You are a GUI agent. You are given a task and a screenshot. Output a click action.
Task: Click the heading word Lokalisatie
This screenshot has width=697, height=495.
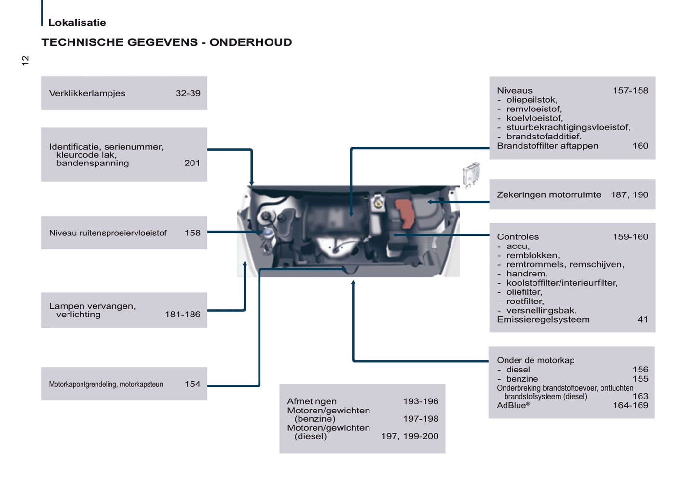pos(77,22)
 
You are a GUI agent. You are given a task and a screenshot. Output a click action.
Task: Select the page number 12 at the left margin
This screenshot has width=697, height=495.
pos(26,60)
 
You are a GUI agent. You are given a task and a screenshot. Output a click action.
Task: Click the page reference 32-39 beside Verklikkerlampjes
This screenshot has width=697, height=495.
pos(188,93)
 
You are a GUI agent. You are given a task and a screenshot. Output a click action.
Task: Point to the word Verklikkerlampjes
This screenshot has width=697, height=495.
pos(87,93)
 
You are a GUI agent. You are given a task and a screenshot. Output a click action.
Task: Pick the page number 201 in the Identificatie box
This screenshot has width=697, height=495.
pos(192,163)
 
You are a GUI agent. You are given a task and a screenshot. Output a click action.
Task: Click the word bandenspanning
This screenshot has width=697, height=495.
pos(93,163)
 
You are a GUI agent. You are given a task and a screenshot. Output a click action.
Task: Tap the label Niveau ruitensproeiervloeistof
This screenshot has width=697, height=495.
pos(108,233)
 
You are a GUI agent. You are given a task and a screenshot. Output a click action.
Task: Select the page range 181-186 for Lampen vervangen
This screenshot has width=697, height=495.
pos(182,315)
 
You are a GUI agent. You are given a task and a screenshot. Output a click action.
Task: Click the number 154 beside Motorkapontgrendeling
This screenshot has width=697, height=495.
pos(192,384)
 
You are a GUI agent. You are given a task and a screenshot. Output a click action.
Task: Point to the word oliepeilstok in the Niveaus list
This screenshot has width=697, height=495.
pos(532,100)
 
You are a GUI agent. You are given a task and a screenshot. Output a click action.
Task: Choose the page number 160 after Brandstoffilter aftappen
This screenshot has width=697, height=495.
pos(640,146)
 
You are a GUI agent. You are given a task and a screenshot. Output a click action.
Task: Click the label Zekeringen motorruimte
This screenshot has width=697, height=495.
pos(549,195)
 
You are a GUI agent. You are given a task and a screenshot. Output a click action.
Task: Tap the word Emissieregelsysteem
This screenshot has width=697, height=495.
pos(543,319)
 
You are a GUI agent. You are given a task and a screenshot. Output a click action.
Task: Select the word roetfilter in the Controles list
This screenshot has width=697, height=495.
pos(524,301)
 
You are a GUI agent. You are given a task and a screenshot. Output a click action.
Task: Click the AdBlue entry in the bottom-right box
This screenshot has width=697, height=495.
pos(513,405)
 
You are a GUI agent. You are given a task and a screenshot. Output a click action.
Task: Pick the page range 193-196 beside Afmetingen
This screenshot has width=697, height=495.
pos(421,401)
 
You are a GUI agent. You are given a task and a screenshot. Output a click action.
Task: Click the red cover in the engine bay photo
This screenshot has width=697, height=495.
pos(405,213)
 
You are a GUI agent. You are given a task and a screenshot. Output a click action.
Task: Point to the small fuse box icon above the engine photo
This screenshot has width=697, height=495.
pos(471,174)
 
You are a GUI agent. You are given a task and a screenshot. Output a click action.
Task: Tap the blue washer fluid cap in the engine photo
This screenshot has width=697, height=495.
pos(268,233)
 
